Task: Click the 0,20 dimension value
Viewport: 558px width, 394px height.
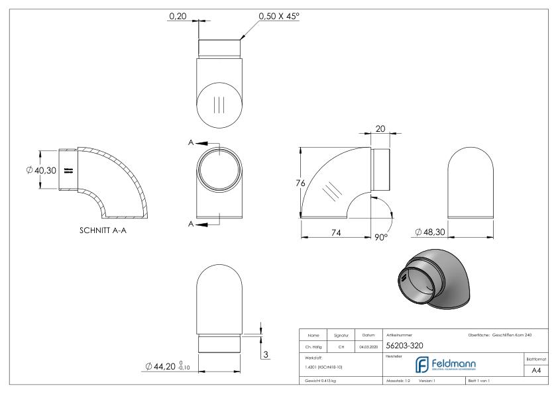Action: point(177,17)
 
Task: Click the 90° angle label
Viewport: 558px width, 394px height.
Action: point(380,236)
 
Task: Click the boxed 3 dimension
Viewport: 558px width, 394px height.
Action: point(266,355)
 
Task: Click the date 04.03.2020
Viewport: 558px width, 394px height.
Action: point(368,345)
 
